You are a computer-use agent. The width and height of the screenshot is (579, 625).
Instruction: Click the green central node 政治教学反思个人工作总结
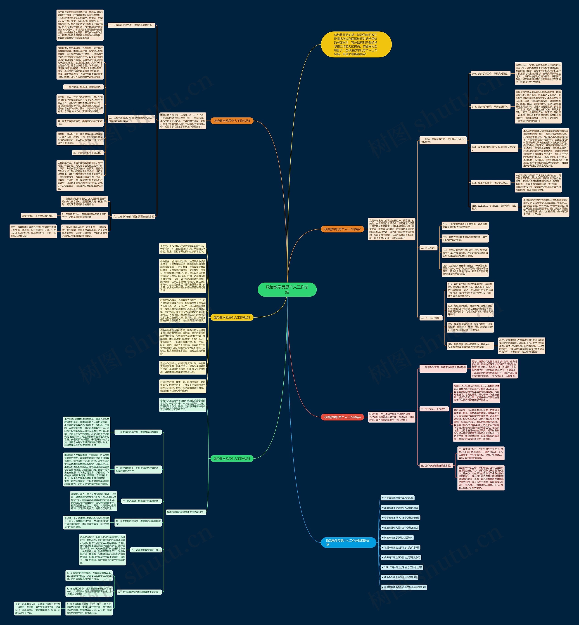(x=287, y=289)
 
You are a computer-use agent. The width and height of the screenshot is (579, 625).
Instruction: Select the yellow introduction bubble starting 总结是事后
(x=356, y=45)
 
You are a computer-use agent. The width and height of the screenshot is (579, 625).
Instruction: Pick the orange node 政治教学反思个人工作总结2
(x=342, y=229)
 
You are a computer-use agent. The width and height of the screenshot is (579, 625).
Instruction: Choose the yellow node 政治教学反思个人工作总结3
(x=232, y=318)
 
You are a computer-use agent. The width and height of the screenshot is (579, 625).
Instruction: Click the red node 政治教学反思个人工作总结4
(x=342, y=417)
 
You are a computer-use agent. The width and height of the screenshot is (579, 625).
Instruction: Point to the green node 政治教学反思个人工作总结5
(x=232, y=459)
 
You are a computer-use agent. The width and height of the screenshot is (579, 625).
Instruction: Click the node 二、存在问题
(x=428, y=248)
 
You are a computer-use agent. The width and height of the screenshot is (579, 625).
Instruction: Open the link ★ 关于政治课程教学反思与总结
(x=397, y=498)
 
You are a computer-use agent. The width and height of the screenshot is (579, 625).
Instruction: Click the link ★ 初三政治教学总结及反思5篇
(x=397, y=538)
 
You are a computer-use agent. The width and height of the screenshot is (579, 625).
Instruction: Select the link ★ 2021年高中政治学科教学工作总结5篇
(x=402, y=567)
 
